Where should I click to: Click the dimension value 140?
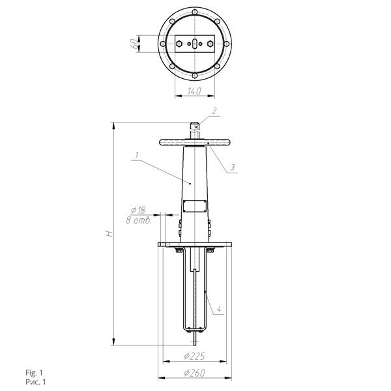click(x=194, y=91)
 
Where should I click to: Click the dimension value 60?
click(x=134, y=44)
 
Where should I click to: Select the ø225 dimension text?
click(x=194, y=356)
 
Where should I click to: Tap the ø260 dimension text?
click(x=195, y=373)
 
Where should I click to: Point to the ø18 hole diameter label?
click(x=138, y=210)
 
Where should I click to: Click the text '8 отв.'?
click(x=139, y=220)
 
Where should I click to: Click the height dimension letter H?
click(x=109, y=234)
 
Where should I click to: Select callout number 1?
click(x=137, y=155)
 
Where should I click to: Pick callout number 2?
click(x=214, y=111)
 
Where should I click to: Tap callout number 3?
click(x=233, y=167)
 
